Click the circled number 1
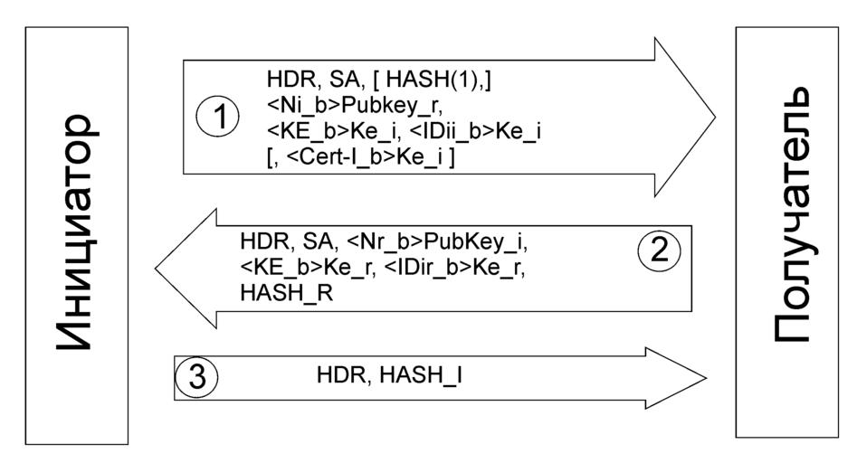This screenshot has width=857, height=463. point(217,117)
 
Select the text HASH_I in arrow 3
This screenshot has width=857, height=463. point(424,372)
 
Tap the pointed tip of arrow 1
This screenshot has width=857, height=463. point(714,117)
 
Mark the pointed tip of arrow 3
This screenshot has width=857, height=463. point(705,376)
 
